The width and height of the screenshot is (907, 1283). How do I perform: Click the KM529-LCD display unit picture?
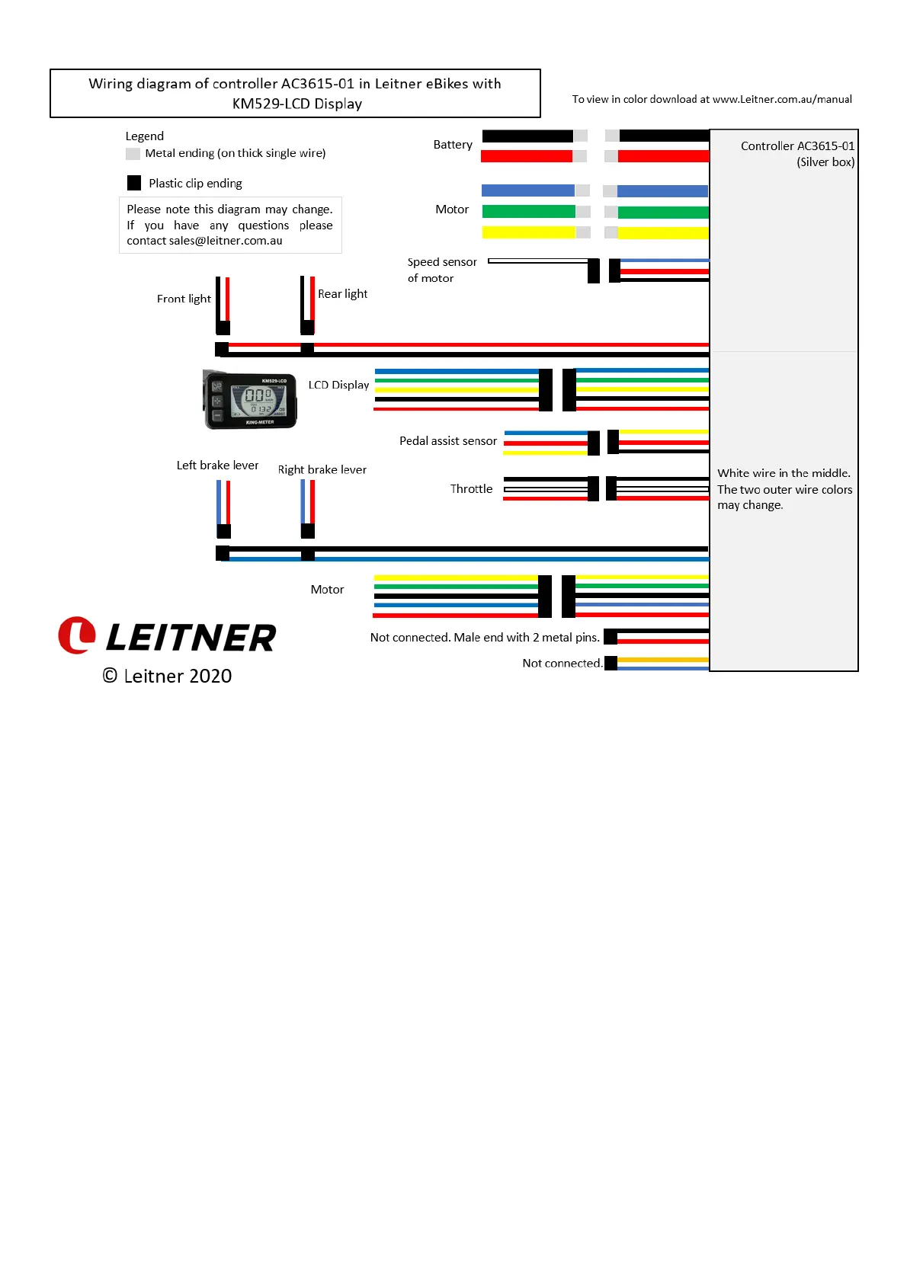tap(250, 400)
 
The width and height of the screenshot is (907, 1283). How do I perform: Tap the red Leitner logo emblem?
tap(77, 635)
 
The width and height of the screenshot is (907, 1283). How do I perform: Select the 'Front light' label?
tap(184, 299)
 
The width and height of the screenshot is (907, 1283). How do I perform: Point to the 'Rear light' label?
tap(342, 294)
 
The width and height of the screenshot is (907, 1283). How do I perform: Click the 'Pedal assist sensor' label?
tap(447, 441)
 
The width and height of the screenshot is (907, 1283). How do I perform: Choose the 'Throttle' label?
tap(471, 489)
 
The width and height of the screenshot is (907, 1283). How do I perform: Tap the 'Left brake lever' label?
tap(217, 466)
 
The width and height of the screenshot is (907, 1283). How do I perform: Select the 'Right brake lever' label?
tap(322, 470)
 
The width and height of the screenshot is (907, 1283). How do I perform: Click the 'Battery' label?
tap(453, 145)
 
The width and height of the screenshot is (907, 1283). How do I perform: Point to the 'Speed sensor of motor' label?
tap(441, 270)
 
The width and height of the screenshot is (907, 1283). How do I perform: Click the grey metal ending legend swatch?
tap(133, 154)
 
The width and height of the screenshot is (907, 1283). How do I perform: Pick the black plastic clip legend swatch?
tap(134, 183)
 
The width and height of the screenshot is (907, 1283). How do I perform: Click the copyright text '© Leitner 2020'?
tap(167, 676)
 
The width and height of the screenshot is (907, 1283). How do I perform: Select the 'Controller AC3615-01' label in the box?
tap(797, 146)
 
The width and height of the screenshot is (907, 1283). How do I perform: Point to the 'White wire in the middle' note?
tap(784, 473)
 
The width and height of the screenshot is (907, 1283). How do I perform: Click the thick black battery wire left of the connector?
tap(527, 136)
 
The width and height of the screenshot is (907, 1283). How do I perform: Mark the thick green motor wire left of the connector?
tap(528, 211)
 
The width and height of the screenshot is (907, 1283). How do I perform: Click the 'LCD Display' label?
tap(338, 386)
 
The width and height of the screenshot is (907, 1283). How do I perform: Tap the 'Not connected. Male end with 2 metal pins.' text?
tap(485, 638)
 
